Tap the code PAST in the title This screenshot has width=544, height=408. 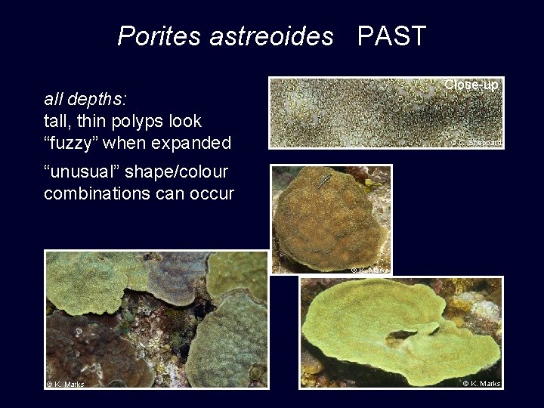pyautogui.click(x=391, y=36)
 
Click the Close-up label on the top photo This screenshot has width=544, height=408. pyautogui.click(x=471, y=85)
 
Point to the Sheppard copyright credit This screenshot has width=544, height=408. pyautogui.click(x=477, y=142)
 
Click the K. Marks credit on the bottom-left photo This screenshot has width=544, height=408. pyautogui.click(x=66, y=385)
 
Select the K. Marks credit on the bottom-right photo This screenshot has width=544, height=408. pyautogui.click(x=481, y=384)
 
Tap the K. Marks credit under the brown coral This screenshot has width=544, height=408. pyautogui.click(x=369, y=270)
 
